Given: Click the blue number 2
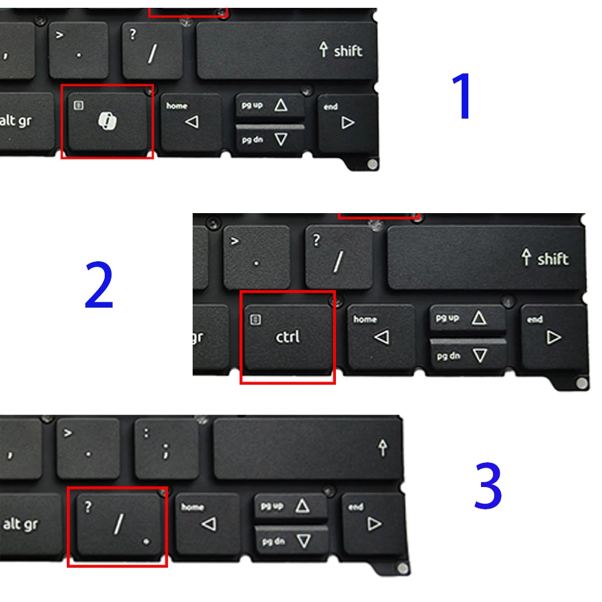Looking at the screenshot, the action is (99, 285).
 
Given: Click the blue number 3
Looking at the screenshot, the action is (488, 485).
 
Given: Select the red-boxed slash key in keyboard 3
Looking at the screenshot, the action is (118, 524).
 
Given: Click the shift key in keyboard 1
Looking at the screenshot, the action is (287, 51).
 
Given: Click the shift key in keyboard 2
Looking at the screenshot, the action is (485, 257).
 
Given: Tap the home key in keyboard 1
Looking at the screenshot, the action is (190, 122).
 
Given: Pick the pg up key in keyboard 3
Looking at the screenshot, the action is (290, 506).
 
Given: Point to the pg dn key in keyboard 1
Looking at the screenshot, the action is (270, 140).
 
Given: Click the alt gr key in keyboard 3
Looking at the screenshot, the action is (30, 524).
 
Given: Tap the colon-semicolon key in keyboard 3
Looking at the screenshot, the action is (166, 448).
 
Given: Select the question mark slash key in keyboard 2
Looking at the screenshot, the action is (338, 256).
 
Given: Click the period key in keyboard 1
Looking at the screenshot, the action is (78, 50).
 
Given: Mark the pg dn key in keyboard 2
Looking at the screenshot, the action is (468, 356).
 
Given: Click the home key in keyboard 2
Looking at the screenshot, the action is (381, 337).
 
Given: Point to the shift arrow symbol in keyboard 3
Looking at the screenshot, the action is (382, 448).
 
